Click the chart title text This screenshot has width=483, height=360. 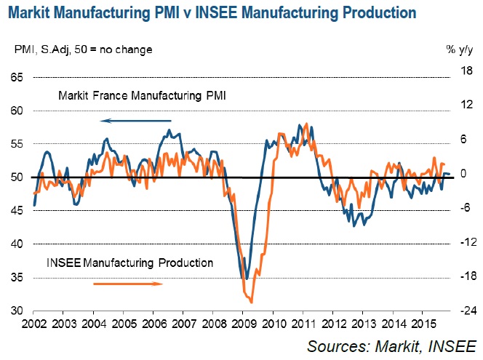click(x=212, y=13)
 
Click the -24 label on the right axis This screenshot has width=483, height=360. click(x=460, y=311)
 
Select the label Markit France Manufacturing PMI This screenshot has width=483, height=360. click(x=142, y=95)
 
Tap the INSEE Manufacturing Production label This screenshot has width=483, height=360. click(x=130, y=263)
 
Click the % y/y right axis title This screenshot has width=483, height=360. click(x=459, y=49)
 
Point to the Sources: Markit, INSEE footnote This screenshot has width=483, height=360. click(x=391, y=345)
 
